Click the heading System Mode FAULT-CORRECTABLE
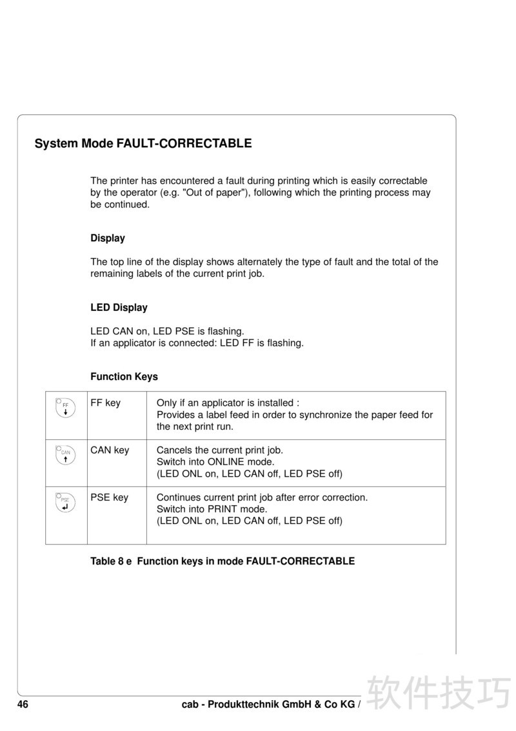click(143, 143)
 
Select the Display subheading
click(108, 238)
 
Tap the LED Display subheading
click(119, 308)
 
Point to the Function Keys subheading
click(124, 377)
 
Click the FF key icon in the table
click(66, 408)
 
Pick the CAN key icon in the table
click(66, 455)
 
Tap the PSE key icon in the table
click(66, 503)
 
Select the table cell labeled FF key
click(105, 403)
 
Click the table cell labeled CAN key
click(110, 450)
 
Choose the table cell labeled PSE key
click(109, 497)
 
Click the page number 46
click(23, 705)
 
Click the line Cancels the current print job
click(220, 450)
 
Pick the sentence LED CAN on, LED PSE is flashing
click(167, 332)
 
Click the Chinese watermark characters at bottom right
click(439, 693)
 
